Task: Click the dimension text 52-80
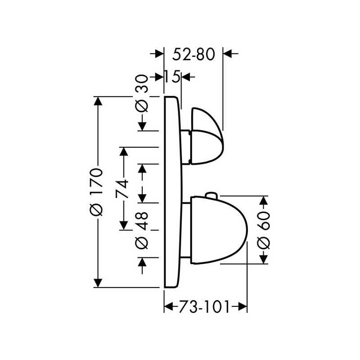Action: coord(193,54)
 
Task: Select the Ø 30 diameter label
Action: coord(142,93)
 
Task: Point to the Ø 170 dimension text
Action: coord(96,192)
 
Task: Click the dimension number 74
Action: coord(122,189)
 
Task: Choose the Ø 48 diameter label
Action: coord(142,230)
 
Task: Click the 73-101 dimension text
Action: coord(204,307)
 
